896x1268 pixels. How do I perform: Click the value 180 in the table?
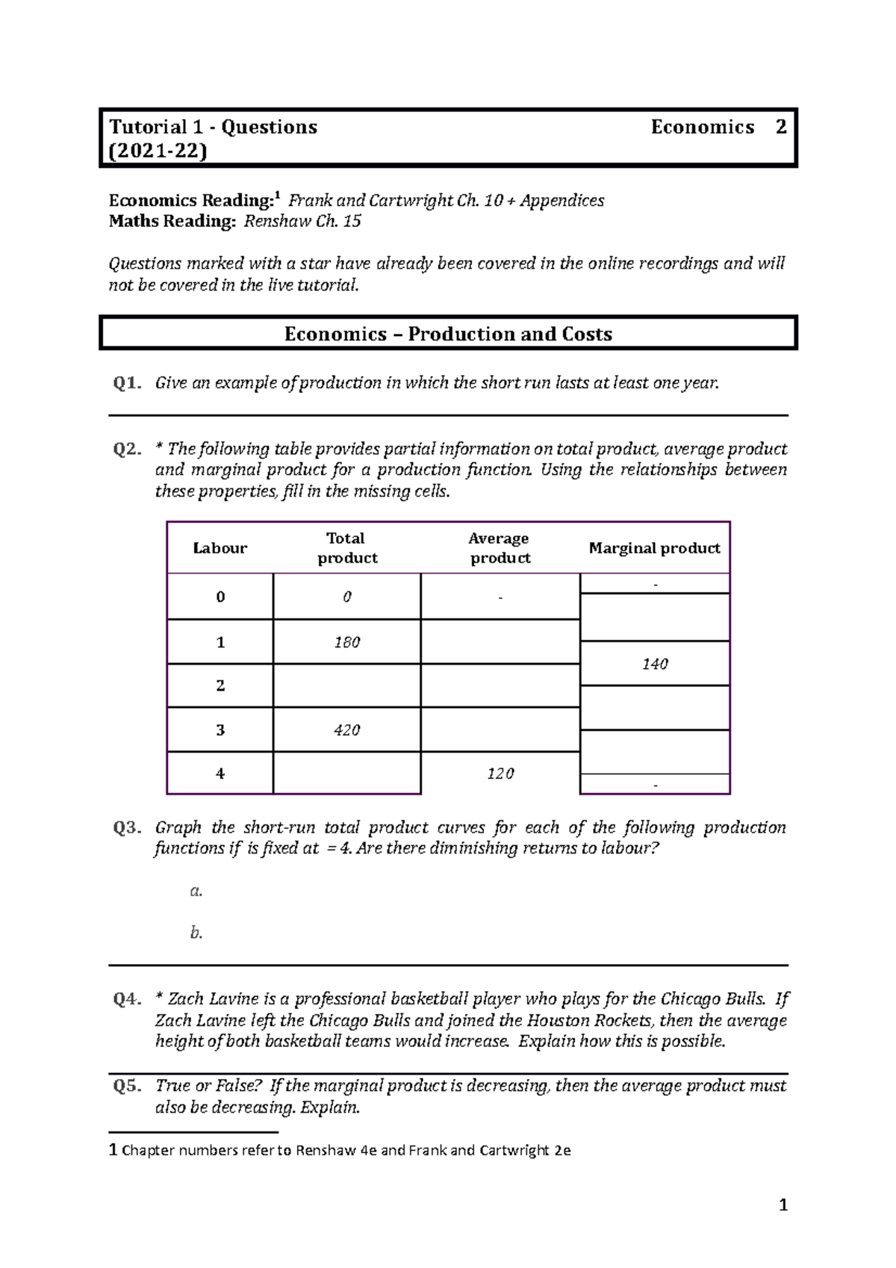pos(347,642)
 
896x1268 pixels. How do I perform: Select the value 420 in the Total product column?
pos(347,730)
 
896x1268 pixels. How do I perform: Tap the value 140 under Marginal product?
pos(655,664)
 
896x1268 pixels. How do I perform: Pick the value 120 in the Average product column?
pos(500,774)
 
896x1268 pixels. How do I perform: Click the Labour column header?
pos(220,548)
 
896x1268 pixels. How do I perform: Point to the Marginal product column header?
pos(654,548)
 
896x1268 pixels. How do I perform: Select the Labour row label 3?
pos(220,730)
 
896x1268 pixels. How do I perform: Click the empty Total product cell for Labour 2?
pos(347,686)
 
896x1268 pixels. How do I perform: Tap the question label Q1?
pos(127,383)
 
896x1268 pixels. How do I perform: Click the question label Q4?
pos(127,999)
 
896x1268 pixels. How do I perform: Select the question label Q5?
pos(127,1086)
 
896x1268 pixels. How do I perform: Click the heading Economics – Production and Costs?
pos(448,334)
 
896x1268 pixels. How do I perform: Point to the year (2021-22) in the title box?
pos(158,151)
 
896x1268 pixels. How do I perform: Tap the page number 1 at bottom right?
pos(783,1205)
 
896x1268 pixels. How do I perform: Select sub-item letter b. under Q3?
pos(196,932)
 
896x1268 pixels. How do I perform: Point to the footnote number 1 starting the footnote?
pos(113,1150)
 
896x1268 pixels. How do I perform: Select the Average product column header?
pos(500,548)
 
